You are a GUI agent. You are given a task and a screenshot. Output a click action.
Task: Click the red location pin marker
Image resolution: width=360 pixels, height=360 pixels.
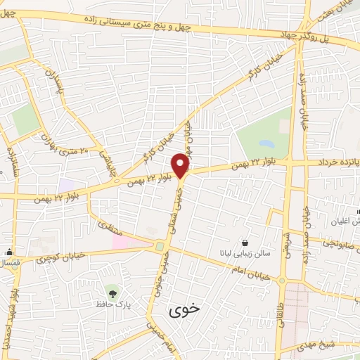[181, 165]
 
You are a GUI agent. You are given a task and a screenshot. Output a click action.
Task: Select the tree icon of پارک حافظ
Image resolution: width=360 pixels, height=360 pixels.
[111, 290]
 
